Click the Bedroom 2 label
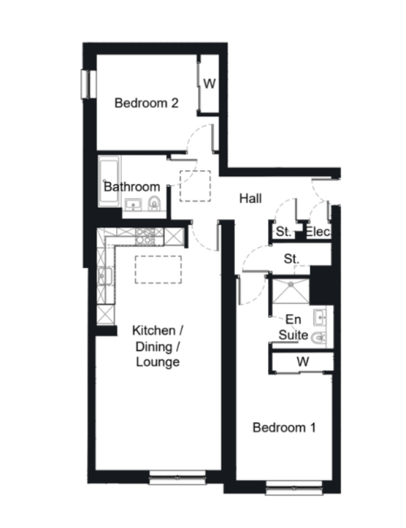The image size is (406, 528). coord(146,102)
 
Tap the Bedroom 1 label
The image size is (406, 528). coord(284,427)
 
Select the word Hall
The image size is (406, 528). coord(250,198)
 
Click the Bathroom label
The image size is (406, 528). coord(132,187)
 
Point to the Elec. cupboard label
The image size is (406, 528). coord(318,232)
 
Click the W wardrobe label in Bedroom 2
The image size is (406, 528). coord(209,83)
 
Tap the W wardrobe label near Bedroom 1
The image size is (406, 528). coord(303,362)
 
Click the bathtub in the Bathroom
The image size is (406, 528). coord(109,181)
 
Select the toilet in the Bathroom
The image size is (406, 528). coord(154,203)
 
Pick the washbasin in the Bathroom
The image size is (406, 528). coord(133,204)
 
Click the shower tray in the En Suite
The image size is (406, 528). coord(290,291)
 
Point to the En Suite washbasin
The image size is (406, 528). coord(319,317)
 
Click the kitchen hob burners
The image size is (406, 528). coord(146,236)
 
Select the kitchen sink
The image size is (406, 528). coord(105,276)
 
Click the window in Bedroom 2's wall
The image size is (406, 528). coord(89,84)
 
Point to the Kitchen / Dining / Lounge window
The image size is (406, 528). coord(177,477)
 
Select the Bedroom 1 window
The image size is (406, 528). coord(294,487)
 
